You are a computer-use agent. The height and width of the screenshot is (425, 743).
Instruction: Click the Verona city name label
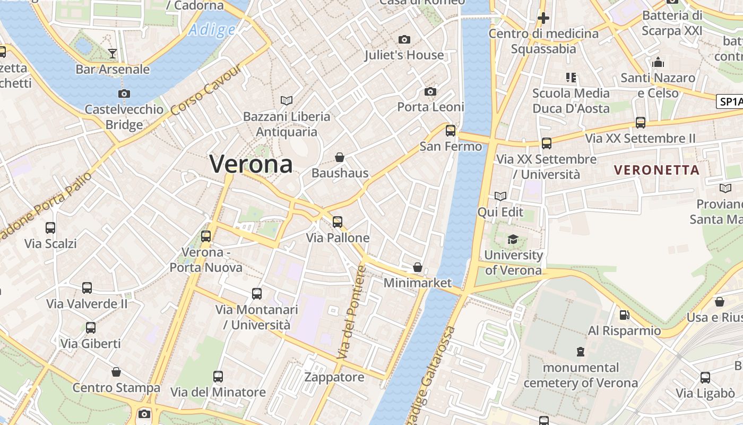click(251, 164)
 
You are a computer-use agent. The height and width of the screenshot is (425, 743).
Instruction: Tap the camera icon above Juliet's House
click(404, 39)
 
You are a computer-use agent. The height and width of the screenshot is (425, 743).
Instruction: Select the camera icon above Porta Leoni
click(430, 91)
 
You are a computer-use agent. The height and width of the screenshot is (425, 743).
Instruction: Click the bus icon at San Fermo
click(451, 130)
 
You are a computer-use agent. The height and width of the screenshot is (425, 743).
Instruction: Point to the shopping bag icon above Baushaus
click(340, 157)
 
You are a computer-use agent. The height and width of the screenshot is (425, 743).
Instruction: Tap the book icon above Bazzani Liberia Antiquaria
click(287, 100)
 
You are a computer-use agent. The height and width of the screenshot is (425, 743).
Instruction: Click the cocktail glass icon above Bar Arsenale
click(113, 53)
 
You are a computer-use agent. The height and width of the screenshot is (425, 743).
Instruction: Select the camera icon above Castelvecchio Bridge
click(124, 93)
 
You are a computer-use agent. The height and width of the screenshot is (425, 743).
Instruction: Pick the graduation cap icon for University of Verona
click(513, 239)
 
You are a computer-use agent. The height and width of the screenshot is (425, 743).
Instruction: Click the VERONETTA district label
click(656, 170)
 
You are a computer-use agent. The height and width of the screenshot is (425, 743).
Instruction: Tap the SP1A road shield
click(730, 101)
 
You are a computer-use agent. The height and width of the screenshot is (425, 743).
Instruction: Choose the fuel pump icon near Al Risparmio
click(625, 315)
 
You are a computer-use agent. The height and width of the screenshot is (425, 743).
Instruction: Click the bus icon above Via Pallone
click(338, 222)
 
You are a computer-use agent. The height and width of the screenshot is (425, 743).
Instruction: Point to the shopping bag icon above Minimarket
click(418, 267)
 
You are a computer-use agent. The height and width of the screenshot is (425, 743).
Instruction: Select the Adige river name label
click(212, 29)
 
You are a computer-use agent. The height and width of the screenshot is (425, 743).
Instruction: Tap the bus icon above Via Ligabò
click(705, 378)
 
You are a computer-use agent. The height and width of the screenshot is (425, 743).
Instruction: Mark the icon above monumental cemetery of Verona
click(581, 351)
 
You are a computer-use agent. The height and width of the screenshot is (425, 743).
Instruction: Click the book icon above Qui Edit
click(500, 197)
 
